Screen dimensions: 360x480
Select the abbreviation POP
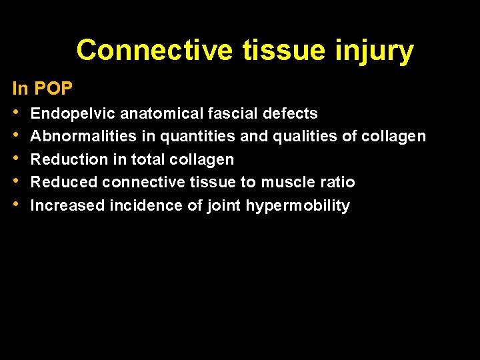pos(53,88)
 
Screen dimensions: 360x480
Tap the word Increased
pos(67,205)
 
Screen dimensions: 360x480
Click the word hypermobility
pos(298,206)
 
